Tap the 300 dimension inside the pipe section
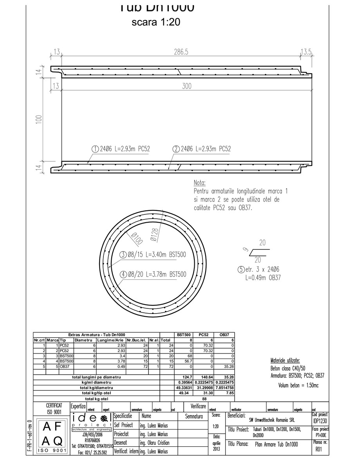click(187, 86)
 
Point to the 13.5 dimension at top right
click(306, 52)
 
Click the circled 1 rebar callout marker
click(95, 149)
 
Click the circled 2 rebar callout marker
click(176, 149)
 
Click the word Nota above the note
click(199, 183)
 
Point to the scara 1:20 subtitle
click(156, 22)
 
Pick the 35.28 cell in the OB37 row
click(228, 366)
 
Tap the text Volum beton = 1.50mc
click(299, 385)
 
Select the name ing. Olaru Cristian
click(155, 442)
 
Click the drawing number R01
click(319, 450)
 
